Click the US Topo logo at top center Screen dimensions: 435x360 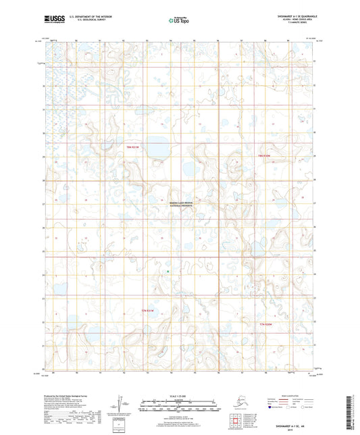click(x=177, y=21)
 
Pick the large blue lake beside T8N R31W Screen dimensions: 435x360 click(x=157, y=148)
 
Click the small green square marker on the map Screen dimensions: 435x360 click(x=168, y=272)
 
